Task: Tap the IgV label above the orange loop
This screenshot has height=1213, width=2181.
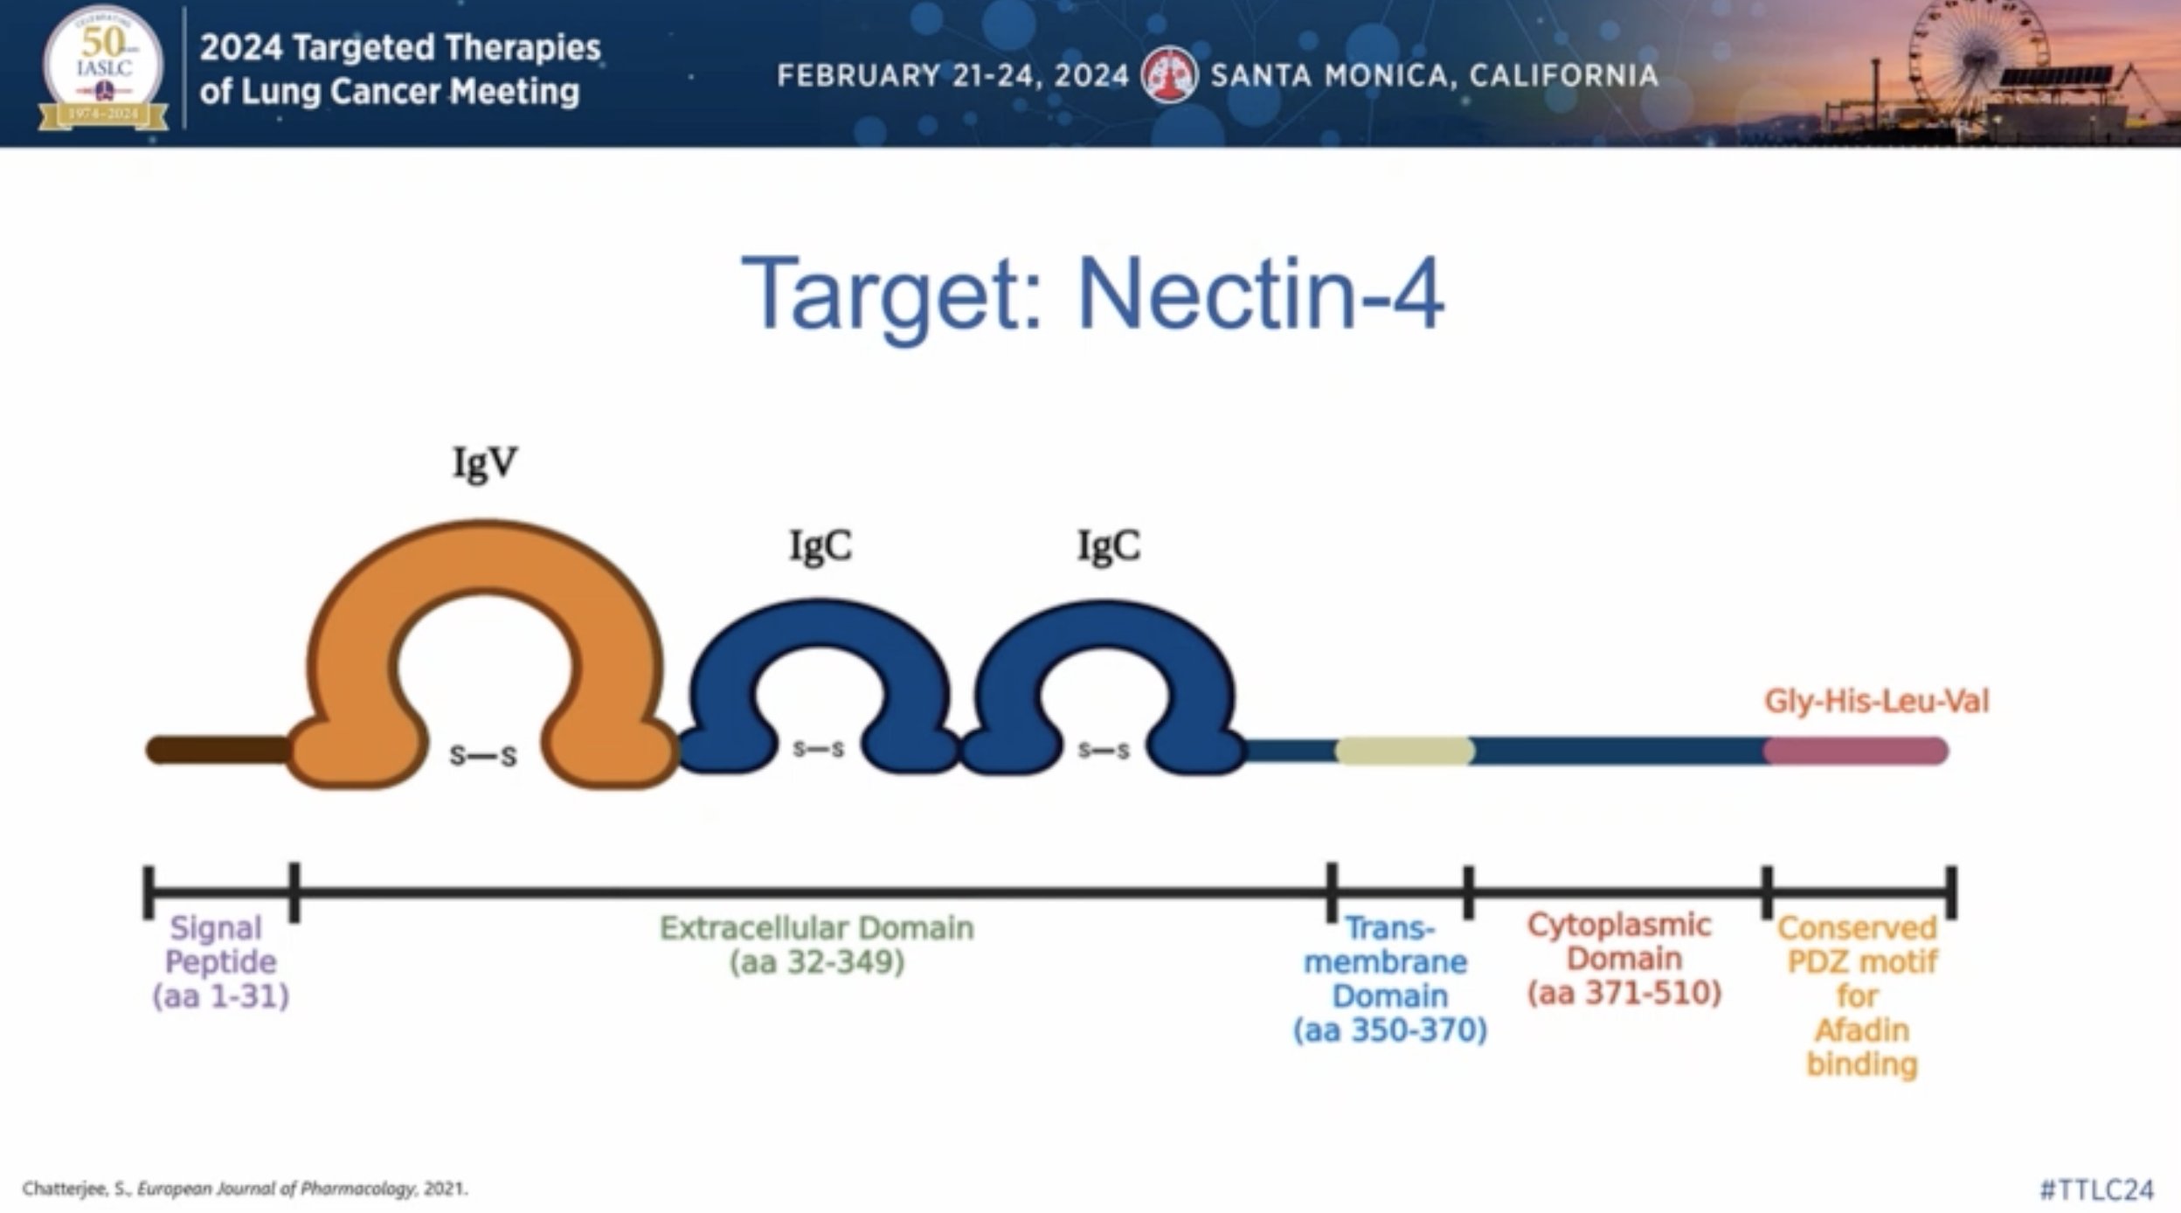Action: pos(485,463)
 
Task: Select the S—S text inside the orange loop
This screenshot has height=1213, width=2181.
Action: pos(483,756)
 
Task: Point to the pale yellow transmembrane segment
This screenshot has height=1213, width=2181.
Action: pos(1404,751)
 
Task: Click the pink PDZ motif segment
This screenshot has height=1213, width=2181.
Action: pos(1855,751)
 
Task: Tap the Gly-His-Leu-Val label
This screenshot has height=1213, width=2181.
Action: pos(1876,701)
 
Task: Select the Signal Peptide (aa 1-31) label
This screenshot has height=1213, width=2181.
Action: pos(220,961)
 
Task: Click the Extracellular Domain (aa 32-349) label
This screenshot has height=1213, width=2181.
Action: pos(816,945)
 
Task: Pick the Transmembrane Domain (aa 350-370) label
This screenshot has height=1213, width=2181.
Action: pos(1389,979)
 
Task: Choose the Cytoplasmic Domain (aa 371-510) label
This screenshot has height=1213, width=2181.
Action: pos(1624,959)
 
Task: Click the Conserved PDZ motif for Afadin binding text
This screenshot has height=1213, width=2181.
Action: pos(1859,995)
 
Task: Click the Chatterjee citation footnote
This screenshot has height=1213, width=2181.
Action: pos(246,1189)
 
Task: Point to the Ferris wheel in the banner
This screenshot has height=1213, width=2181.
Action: pos(1977,57)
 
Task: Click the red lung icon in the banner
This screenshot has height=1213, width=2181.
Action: pos(1169,75)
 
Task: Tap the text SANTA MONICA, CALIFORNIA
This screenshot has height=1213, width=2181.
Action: pos(1435,76)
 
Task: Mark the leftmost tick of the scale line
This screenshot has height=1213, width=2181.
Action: pos(149,892)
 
